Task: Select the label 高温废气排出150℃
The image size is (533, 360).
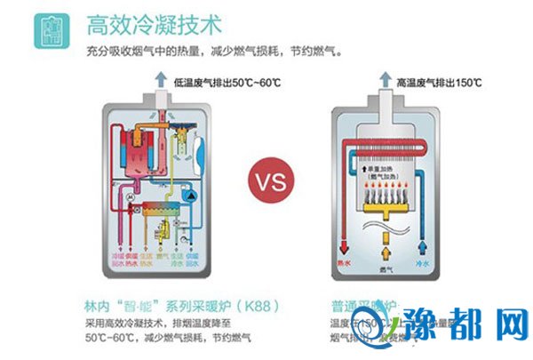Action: point(441,83)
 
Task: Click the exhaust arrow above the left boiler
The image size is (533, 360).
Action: point(160,81)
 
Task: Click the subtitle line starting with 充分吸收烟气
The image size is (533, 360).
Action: point(213,52)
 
